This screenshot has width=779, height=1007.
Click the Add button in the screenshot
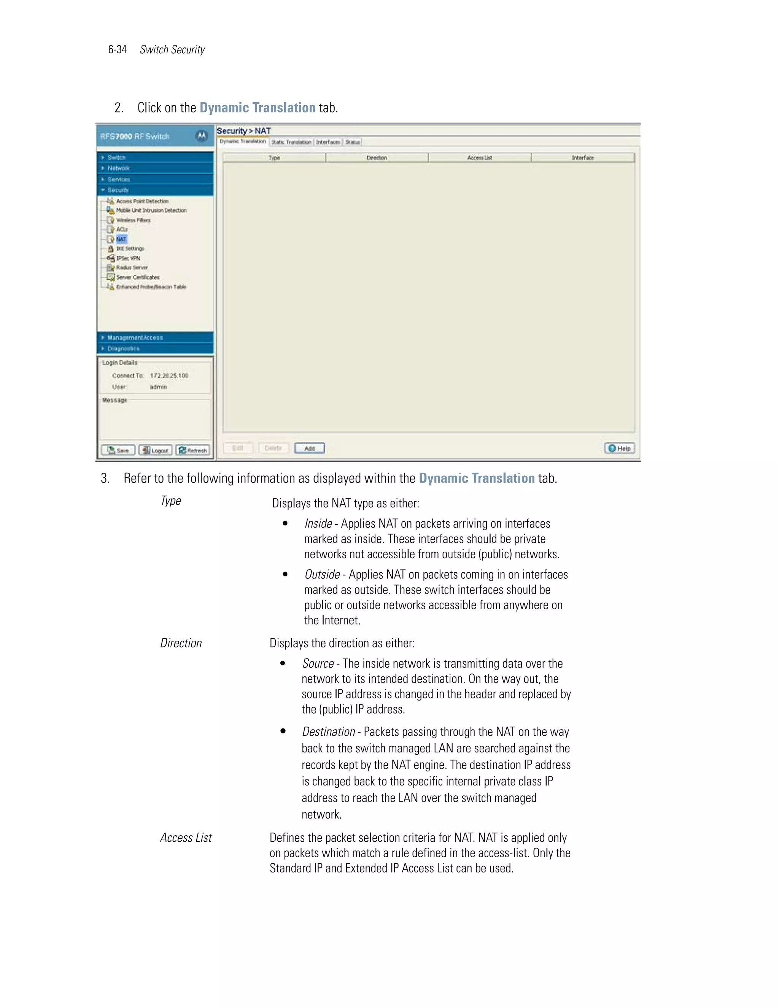pos(309,448)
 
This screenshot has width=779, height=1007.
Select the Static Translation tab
pos(291,142)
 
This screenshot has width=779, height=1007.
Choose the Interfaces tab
pos(328,142)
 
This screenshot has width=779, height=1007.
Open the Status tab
pos(353,142)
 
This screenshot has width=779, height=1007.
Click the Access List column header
pos(480,158)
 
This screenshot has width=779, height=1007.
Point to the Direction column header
pos(377,158)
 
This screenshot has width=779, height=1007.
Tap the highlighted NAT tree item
pos(121,239)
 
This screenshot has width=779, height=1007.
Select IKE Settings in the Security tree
pos(130,249)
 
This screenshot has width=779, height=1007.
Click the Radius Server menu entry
pos(132,268)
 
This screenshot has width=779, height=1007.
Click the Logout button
pos(156,450)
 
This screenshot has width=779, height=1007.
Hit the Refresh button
pos(193,450)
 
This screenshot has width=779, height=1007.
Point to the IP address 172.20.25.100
pos(169,376)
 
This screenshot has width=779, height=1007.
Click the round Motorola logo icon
pos(201,136)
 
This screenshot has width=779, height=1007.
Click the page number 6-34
pos(117,49)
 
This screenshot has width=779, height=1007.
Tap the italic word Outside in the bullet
pos(322,575)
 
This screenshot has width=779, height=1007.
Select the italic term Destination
pos(328,732)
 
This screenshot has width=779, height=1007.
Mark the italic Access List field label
pos(186,838)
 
